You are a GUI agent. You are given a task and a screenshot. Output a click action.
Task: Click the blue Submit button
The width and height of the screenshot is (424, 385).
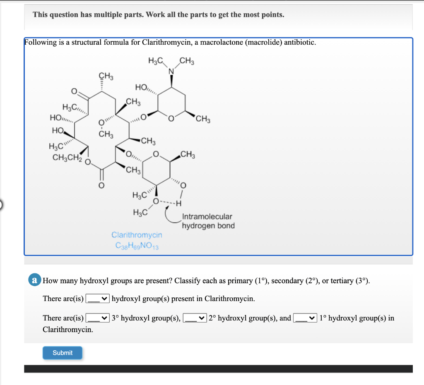(63, 353)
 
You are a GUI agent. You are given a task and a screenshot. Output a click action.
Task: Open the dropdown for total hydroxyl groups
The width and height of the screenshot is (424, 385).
(98, 299)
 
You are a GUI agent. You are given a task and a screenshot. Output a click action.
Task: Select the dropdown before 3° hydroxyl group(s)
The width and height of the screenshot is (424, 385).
(98, 318)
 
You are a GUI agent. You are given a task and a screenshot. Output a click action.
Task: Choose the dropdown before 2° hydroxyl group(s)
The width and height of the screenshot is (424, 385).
(195, 318)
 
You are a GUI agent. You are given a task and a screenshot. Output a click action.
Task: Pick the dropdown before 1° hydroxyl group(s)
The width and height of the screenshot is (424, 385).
(306, 318)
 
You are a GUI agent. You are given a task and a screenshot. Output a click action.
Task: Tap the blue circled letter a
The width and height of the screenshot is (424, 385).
(35, 280)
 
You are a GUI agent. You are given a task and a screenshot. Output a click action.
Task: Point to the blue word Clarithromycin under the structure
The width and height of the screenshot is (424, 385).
(137, 235)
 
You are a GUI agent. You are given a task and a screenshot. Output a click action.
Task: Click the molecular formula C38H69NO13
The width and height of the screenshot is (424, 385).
(137, 245)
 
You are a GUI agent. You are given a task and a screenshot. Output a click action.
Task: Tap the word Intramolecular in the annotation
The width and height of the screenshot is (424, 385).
(207, 217)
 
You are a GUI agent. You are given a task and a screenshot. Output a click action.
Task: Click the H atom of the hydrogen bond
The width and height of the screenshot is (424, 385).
(179, 203)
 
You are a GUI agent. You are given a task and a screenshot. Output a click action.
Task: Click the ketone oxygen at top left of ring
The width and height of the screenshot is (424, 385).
(74, 91)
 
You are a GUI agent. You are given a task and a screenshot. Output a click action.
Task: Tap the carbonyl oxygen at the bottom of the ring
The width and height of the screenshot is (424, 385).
(100, 185)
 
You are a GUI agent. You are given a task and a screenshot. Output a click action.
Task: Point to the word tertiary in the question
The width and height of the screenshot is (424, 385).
(340, 281)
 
